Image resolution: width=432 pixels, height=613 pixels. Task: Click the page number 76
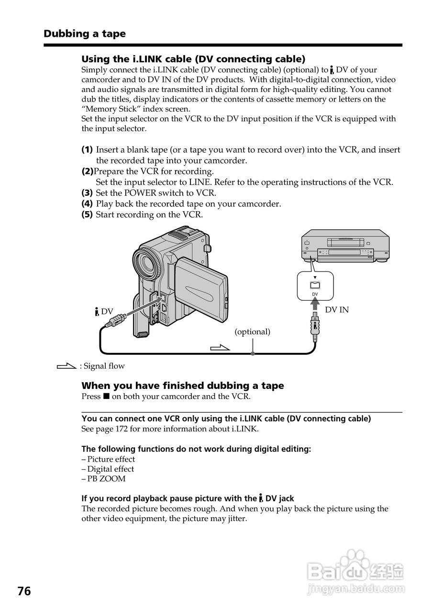click(24, 591)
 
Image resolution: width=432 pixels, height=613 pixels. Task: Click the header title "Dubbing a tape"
click(85, 34)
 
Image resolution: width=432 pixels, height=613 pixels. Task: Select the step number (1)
click(87, 149)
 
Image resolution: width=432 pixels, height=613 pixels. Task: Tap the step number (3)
click(87, 193)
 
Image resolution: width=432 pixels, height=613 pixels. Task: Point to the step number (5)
click(87, 215)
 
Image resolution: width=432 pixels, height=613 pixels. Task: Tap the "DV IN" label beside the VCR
click(337, 310)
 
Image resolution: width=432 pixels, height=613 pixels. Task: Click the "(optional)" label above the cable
click(252, 331)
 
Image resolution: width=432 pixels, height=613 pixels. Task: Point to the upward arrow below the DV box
click(315, 304)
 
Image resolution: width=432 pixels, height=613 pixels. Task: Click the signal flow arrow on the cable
click(220, 347)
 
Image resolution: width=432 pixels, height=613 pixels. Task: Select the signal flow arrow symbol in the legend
click(66, 366)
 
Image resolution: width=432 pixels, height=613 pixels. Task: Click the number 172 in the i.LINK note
click(122, 429)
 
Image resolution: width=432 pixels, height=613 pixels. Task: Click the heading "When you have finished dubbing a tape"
click(182, 386)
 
